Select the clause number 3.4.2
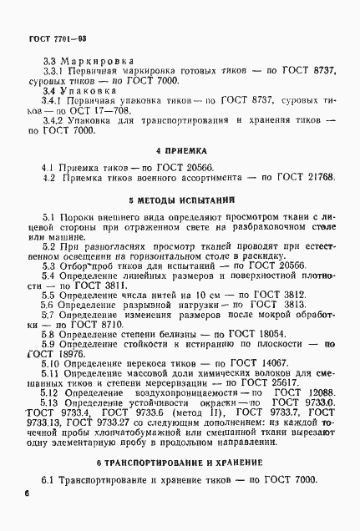tap(53, 121)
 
